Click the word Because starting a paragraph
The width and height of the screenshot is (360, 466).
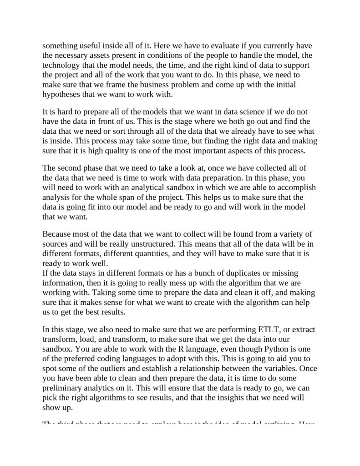58,234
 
